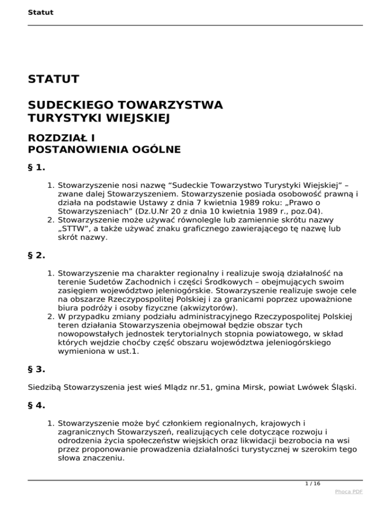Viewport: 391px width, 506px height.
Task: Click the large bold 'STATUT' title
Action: click(53, 79)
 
